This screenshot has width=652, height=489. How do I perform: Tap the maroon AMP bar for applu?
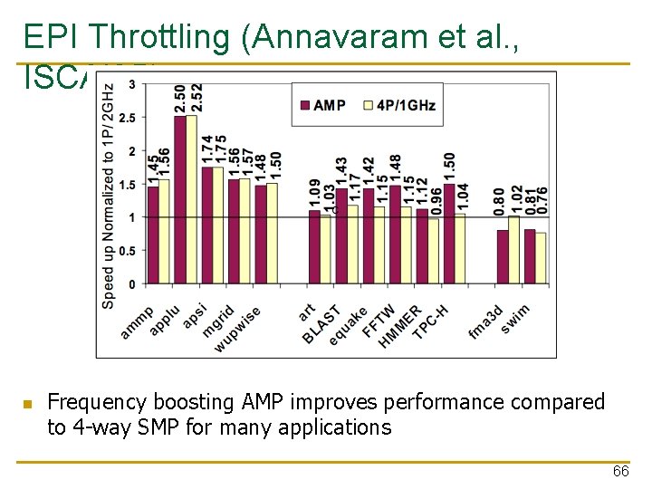coord(179,199)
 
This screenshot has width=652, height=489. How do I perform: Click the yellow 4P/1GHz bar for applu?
coord(191,199)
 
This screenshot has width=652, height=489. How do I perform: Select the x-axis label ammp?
coord(139,321)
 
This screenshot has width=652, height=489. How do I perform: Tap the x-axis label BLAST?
coord(322,324)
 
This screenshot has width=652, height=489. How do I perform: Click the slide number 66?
coord(620,472)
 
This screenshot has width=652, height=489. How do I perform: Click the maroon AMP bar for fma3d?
coord(503,256)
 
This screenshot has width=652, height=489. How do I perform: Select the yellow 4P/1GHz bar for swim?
coord(541,258)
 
